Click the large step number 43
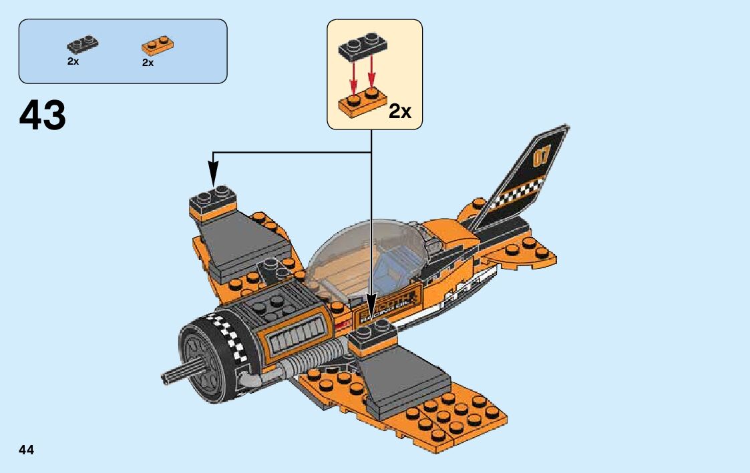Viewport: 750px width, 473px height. pos(43,115)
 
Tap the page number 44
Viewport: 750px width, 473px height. pos(26,450)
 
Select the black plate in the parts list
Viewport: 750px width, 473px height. pos(82,45)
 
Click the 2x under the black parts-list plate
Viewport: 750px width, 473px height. pos(73,61)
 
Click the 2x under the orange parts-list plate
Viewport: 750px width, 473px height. pos(148,63)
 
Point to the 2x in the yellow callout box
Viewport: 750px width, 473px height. pos(399,111)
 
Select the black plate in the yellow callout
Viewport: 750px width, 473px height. pos(361,45)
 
